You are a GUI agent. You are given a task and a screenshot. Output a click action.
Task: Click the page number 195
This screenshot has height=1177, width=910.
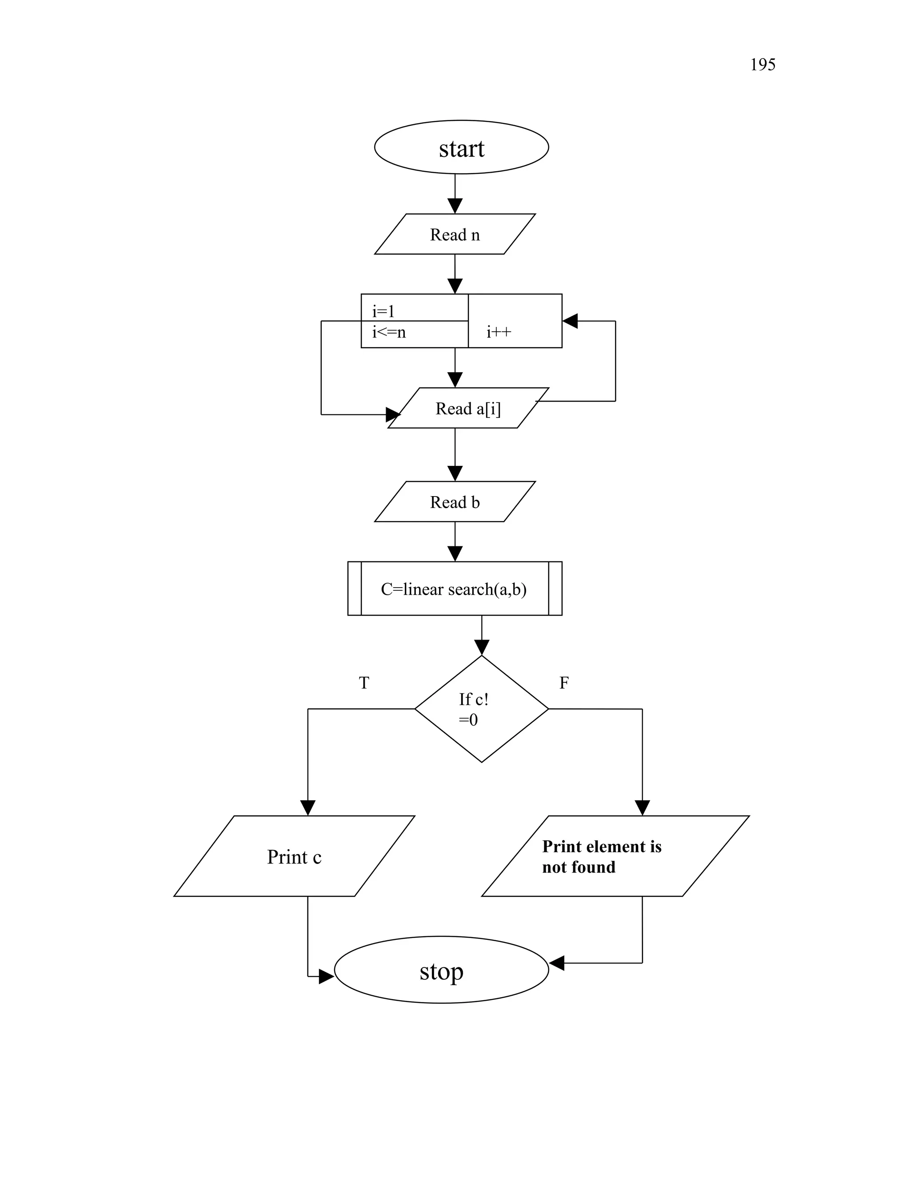pos(762,65)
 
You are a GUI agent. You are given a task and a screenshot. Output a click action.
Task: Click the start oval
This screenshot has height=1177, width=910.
pos(462,147)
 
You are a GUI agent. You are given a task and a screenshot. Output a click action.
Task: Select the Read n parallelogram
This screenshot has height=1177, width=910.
pos(455,235)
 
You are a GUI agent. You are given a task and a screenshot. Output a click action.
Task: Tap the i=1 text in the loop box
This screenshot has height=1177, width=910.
pos(383,311)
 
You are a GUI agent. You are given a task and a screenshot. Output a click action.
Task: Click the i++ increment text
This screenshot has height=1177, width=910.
pos(499,332)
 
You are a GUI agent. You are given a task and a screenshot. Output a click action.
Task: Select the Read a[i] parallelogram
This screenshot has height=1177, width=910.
pos(468,409)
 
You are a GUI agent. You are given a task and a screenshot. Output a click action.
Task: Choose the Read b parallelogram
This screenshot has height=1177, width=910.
pos(455,502)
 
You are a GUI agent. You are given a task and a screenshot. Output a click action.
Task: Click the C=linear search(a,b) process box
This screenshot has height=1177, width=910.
pos(455,589)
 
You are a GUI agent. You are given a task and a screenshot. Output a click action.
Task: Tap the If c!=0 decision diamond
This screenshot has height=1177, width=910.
pos(481,709)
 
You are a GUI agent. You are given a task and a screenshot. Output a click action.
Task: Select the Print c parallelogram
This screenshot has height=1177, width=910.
pos(294,857)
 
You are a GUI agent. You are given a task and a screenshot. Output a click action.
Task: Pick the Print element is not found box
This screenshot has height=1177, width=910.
pos(615,857)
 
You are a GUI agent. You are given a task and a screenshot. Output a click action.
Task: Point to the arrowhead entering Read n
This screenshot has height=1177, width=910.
pos(455,207)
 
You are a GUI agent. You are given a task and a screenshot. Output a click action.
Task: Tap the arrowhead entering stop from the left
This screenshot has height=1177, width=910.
pos(326,977)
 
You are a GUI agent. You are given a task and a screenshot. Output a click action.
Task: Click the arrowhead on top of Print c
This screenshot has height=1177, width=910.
pos(308,808)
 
